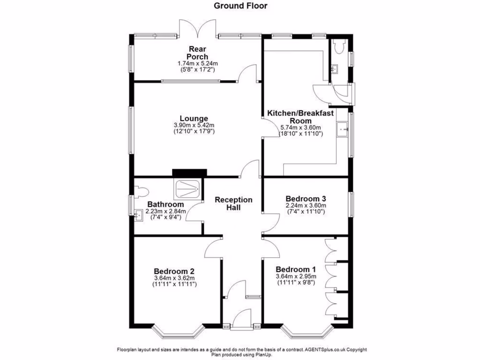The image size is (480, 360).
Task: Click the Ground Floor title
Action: pos(240,6)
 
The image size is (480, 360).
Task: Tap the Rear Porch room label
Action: pos(198,53)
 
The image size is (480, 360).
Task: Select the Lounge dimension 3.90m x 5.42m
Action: pos(194,126)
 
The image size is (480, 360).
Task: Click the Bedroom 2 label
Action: pos(174,271)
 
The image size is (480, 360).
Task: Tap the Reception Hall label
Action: pos(233,203)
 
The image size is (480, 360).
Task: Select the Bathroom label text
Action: pos(165,204)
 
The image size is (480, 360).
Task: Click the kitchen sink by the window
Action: pos(342,128)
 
